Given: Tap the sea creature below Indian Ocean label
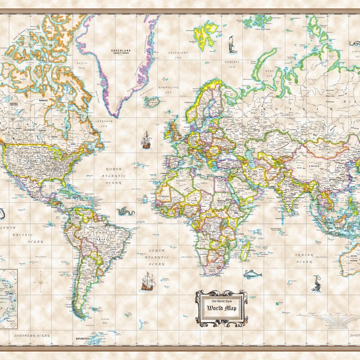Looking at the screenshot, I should point(316,283).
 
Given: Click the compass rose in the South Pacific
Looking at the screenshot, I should point(40,283).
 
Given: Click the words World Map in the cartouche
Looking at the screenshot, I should point(221,308).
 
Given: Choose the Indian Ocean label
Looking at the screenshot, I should point(304,258).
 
